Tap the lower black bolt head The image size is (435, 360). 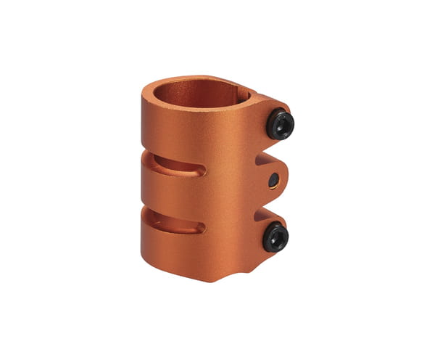pos(275,237)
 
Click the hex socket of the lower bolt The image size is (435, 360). pos(276,237)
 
